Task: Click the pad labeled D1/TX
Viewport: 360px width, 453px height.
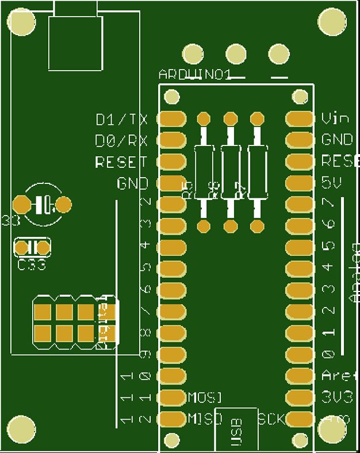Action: point(172,119)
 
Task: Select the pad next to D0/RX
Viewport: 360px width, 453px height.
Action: point(172,140)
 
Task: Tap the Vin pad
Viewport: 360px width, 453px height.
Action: point(300,119)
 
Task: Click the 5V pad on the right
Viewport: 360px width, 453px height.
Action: point(300,183)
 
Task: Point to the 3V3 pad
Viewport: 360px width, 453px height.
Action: point(300,397)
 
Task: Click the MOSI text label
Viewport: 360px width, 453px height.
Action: point(205,397)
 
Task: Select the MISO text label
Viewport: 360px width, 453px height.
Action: point(205,419)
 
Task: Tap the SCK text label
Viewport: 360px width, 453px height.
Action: point(271,419)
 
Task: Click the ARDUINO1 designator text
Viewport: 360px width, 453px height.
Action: point(195,75)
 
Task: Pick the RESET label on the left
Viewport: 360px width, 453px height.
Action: point(121,162)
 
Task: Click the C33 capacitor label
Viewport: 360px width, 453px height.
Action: point(32,266)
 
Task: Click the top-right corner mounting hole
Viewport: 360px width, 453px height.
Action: point(333,22)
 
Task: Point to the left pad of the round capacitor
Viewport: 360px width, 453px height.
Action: point(22,204)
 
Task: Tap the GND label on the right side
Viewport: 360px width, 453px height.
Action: point(337,140)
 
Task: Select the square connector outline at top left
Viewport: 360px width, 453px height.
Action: point(76,43)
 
